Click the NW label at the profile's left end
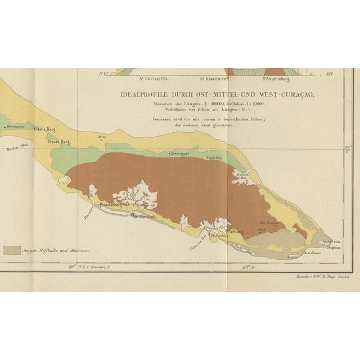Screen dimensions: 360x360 [102, 74]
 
